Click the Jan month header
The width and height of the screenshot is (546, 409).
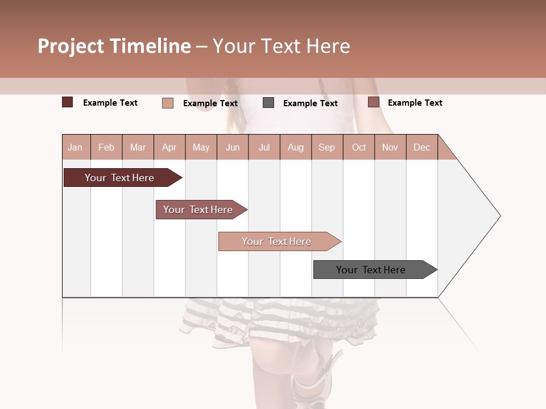(x=75, y=148)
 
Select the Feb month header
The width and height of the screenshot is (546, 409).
(x=106, y=148)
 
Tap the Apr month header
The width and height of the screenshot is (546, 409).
(x=169, y=148)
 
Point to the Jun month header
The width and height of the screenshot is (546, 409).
(x=233, y=148)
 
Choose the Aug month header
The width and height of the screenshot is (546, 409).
(x=296, y=148)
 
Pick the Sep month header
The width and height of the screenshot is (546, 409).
(x=326, y=148)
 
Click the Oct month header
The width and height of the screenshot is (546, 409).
(x=359, y=148)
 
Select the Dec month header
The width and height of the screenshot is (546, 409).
(x=421, y=148)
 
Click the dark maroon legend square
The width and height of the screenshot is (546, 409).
(x=67, y=102)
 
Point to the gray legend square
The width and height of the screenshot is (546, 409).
(x=268, y=103)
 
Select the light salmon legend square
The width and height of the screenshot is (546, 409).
(x=167, y=103)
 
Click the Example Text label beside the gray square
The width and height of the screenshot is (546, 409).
(x=310, y=103)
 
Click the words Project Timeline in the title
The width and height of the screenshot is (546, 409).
(x=114, y=46)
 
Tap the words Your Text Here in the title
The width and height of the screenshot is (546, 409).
(x=281, y=46)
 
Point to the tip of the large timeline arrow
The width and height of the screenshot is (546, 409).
(x=499, y=216)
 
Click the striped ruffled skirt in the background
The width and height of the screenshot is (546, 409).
(x=273, y=324)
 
